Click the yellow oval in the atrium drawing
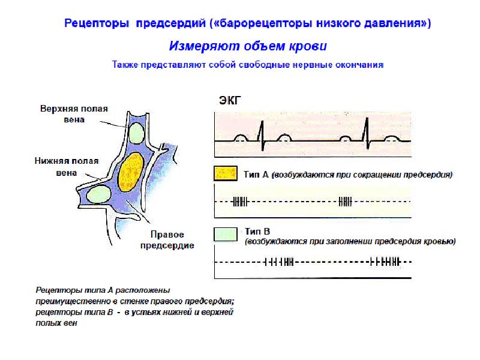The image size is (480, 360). click(131, 172)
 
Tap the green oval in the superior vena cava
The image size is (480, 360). click(136, 133)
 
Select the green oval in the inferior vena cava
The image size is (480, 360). click(98, 194)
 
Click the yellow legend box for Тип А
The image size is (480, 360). click(226, 173)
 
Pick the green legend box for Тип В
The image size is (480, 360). click(226, 235)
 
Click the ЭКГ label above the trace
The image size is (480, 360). click(230, 100)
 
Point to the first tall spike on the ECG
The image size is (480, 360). click(262, 135)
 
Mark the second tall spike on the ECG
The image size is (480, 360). click(367, 133)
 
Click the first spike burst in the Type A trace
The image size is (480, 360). click(240, 202)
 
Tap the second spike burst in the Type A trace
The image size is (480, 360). click(346, 202)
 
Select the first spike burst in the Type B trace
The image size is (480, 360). click(279, 262)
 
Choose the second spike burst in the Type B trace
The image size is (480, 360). click(385, 262)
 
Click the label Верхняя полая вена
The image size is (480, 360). click(74, 114)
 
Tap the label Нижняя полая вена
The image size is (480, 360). click(67, 167)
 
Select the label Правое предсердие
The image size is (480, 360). click(167, 239)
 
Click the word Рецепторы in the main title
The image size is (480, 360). click(97, 23)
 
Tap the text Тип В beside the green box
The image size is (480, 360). click(257, 232)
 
